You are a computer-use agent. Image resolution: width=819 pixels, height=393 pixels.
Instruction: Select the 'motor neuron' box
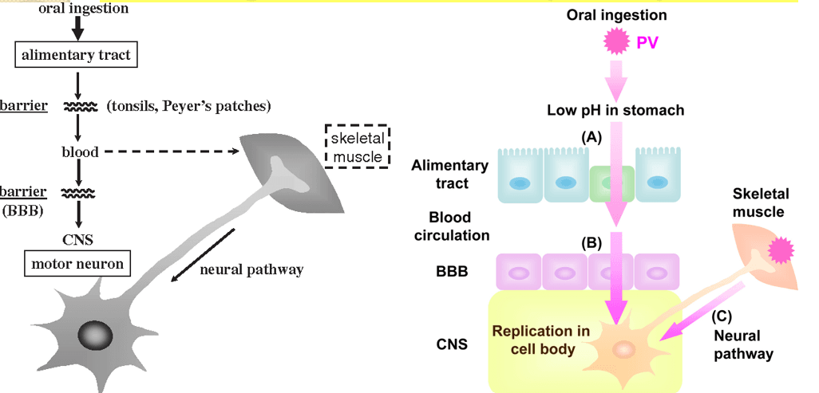78,261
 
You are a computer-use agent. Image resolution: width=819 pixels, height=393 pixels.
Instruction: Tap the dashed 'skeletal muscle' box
358,146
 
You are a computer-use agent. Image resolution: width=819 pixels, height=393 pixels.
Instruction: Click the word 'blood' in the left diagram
80,151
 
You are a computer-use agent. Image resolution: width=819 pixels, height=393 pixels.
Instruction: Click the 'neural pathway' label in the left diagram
252,269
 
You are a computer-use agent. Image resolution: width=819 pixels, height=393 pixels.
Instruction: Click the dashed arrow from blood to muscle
168,151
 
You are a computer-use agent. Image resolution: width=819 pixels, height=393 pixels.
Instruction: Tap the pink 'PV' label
648,41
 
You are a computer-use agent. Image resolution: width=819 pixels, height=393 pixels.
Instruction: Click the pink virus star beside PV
616,40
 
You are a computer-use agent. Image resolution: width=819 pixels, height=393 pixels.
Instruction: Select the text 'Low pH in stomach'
615,110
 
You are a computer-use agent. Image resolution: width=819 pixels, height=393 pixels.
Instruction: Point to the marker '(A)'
591,137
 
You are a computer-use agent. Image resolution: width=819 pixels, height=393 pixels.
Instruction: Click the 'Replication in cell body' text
541,339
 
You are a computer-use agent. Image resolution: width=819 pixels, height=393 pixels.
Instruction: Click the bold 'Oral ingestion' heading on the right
615,15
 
